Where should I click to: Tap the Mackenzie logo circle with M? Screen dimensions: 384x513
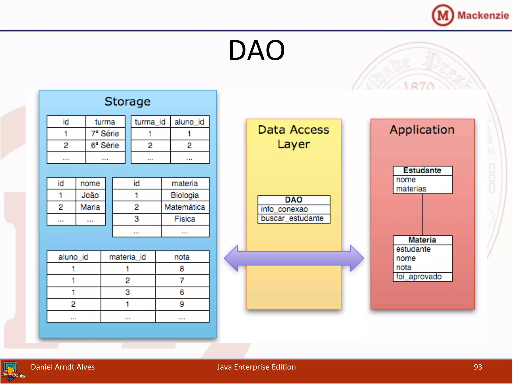click(443, 15)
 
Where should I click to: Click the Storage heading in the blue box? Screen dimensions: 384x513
click(127, 101)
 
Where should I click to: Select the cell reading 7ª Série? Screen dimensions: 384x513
click(105, 133)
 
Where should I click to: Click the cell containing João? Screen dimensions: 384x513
click(90, 195)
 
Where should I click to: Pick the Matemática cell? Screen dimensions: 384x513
click(185, 207)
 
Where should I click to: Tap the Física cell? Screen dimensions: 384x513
click(185, 219)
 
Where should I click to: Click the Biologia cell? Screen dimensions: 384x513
click(185, 195)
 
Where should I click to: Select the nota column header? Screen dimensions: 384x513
click(182, 257)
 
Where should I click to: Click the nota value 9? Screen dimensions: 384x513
click(182, 304)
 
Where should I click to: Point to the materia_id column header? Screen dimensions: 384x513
click(127, 257)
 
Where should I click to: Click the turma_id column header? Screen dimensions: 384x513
click(150, 122)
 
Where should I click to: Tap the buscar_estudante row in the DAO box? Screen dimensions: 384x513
click(292, 218)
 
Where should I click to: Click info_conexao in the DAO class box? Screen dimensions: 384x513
click(284, 209)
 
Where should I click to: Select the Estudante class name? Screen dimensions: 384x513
click(422, 170)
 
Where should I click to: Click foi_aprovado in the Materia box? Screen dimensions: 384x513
click(419, 277)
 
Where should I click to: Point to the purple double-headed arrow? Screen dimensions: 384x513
click(294, 258)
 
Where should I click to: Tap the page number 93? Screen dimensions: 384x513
click(478, 367)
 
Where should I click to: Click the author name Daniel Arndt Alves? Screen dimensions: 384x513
click(63, 367)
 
